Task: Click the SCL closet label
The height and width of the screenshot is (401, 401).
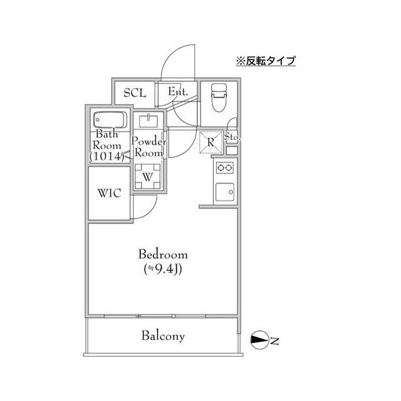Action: pyautogui.click(x=134, y=93)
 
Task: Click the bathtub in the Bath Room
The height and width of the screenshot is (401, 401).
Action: pyautogui.click(x=110, y=119)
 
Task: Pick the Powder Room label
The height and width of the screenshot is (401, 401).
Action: pyautogui.click(x=148, y=147)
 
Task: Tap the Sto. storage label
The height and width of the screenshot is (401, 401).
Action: pyautogui.click(x=232, y=137)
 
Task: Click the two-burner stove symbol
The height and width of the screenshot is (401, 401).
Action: pyautogui.click(x=224, y=168)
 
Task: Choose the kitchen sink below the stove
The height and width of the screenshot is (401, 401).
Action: pyautogui.click(x=224, y=191)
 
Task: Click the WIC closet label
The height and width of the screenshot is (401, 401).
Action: pyautogui.click(x=109, y=192)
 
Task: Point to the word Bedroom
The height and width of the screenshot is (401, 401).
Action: pyautogui.click(x=163, y=254)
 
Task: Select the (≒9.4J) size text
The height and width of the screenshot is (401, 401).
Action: pyautogui.click(x=163, y=269)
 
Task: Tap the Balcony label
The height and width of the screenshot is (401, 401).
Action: pyautogui.click(x=163, y=336)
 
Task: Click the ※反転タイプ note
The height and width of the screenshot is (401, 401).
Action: pyautogui.click(x=265, y=61)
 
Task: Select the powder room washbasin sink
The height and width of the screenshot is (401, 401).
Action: pyautogui.click(x=149, y=120)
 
